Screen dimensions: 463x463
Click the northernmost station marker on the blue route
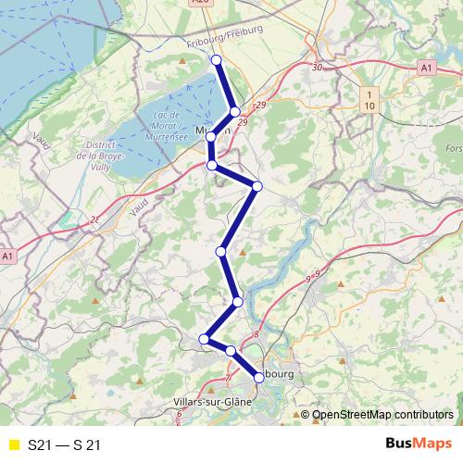217,60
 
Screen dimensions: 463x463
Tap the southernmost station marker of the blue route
258,377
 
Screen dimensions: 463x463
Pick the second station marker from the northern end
235,112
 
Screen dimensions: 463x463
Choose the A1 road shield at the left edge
7,255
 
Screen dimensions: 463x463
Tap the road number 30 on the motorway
318,68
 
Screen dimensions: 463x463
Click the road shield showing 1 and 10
370,100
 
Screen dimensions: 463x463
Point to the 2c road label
94,220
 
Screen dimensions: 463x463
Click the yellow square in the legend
13,445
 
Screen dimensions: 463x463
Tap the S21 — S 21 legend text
64,445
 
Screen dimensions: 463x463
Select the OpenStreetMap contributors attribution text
383,416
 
